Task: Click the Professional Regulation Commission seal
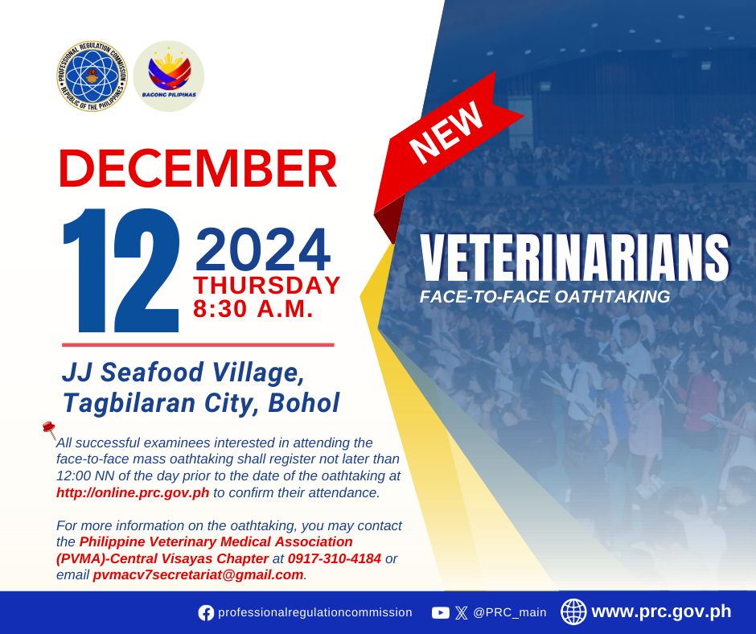coord(92,76)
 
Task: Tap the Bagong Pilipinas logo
coord(169,76)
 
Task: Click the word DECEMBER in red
coord(198,168)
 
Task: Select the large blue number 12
coord(121,270)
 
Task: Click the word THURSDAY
coord(267,285)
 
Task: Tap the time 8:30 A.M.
coord(253,309)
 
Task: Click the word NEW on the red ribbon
coord(446,133)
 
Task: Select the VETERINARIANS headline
coord(574,257)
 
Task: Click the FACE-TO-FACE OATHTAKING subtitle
coord(544,297)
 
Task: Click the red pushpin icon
coord(49,430)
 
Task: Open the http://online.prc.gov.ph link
coord(133,492)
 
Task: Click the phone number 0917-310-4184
coord(335,558)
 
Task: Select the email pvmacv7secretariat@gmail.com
coord(198,575)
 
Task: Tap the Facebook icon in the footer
coord(206,613)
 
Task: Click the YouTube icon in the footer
coord(440,613)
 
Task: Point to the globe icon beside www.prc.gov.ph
coord(573,611)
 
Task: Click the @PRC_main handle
coord(510,612)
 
